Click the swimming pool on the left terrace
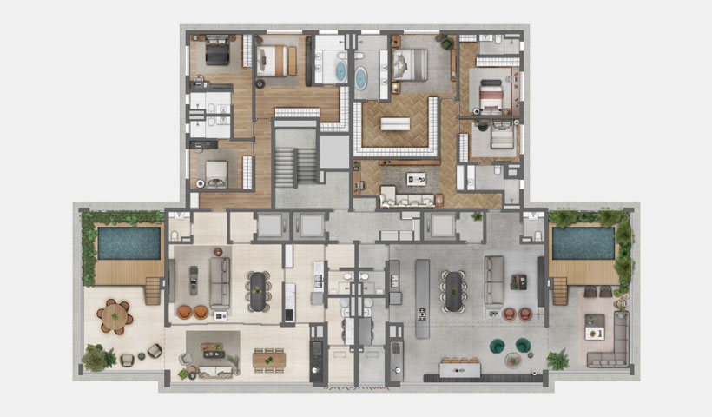pyautogui.click(x=129, y=242)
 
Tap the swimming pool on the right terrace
pyautogui.click(x=583, y=242)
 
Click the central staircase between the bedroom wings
pyautogui.click(x=296, y=163)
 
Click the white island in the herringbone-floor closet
pyautogui.click(x=395, y=123)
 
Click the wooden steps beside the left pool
pyautogui.click(x=153, y=290)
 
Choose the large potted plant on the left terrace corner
pyautogui.click(x=97, y=356)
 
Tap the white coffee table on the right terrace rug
pyautogui.click(x=594, y=330)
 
